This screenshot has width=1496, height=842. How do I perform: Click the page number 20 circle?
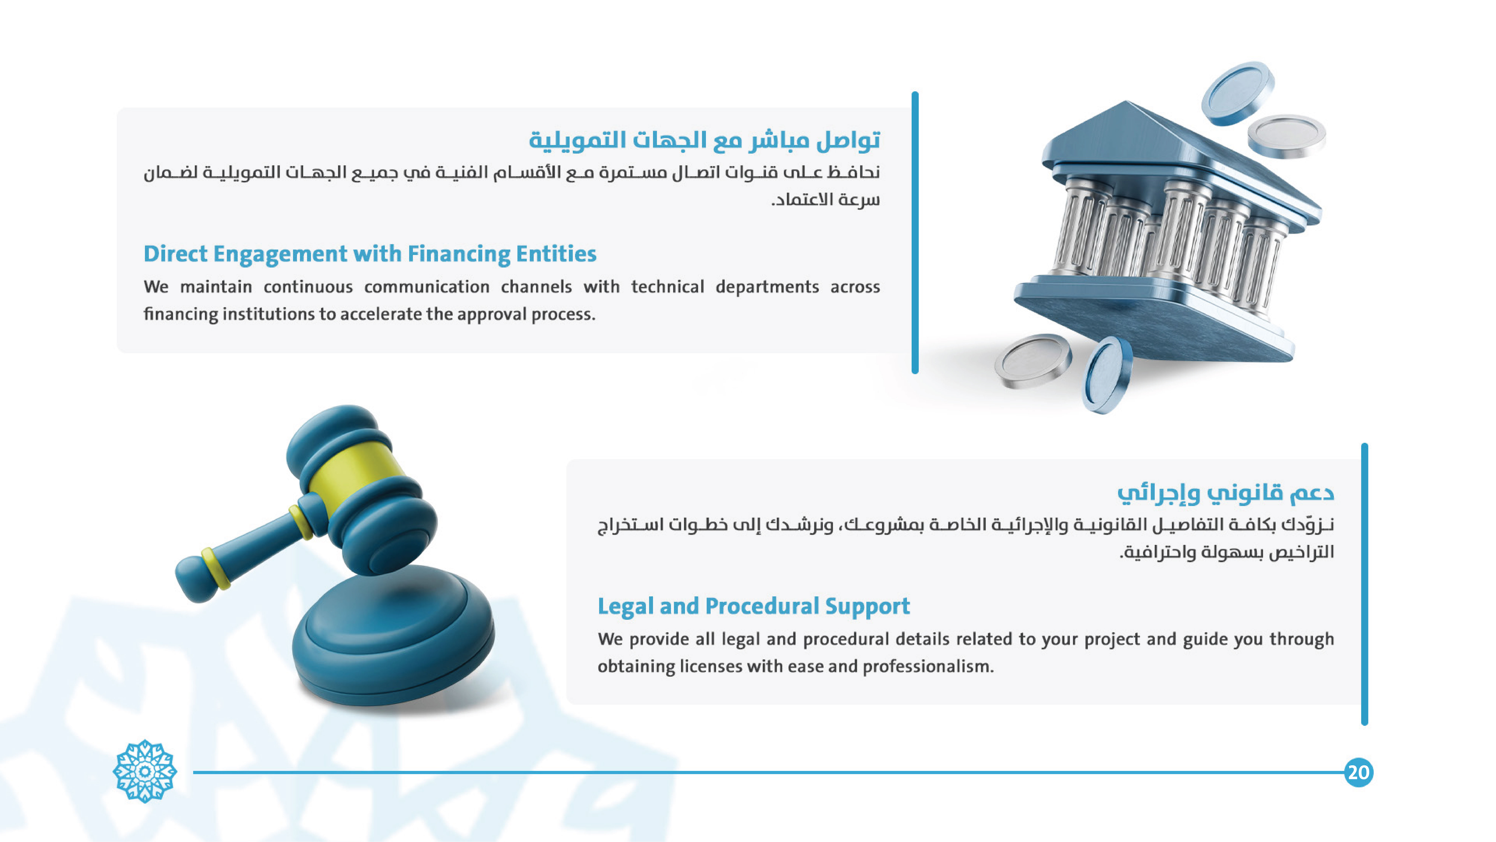pos(1358,772)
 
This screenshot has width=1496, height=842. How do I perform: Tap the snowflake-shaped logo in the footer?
pos(145,771)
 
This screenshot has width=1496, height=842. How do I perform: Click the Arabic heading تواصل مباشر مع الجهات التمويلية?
pos(704,140)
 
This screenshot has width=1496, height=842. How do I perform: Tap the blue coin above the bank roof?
pos(1238,93)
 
